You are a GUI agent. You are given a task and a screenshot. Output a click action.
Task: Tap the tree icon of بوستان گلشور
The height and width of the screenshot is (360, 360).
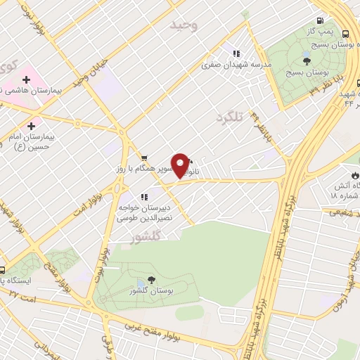tap(150, 280)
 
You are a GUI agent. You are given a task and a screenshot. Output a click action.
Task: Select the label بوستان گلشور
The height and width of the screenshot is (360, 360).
tap(150, 290)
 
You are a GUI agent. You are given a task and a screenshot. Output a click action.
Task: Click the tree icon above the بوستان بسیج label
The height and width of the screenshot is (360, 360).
tap(304, 62)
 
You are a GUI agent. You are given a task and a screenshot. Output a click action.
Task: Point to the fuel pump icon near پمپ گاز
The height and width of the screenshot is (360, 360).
tap(320, 21)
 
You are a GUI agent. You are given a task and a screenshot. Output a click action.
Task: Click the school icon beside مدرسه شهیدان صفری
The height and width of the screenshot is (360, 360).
tap(237, 53)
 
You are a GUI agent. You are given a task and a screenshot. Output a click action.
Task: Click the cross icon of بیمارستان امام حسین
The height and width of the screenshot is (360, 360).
tap(31, 125)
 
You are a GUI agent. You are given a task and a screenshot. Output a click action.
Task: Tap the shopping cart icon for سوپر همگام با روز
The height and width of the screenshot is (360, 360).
tap(143, 158)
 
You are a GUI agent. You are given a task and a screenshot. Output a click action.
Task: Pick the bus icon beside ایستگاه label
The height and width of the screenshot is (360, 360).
tap(3, 270)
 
